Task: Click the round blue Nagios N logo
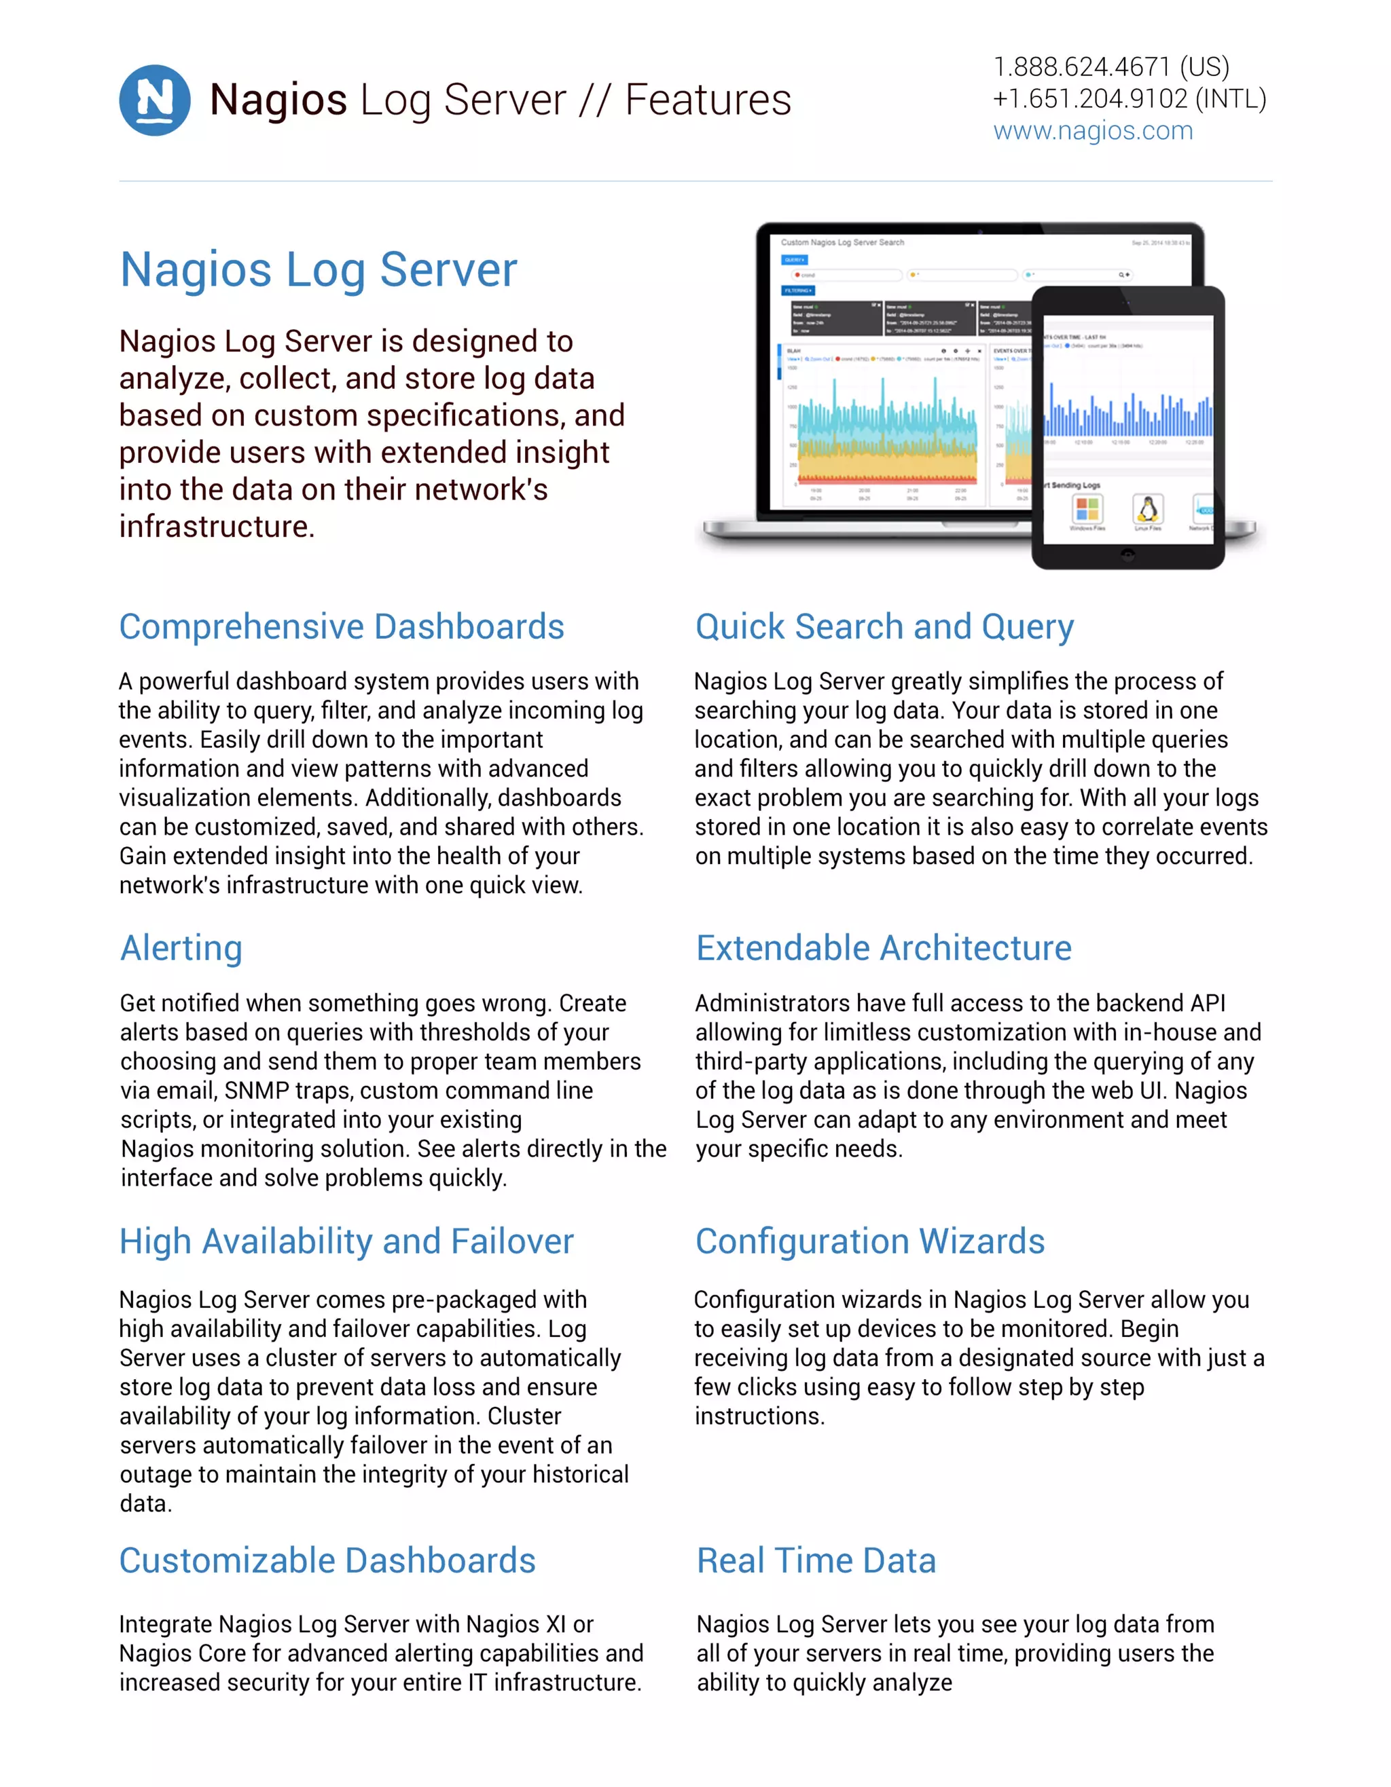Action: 155,100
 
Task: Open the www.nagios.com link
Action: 1092,131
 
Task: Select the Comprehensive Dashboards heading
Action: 342,626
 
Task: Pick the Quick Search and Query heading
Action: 884,626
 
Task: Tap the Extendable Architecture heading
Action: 884,948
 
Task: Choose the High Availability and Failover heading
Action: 346,1241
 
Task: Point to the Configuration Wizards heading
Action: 869,1241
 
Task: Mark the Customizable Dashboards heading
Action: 327,1560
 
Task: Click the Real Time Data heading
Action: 816,1560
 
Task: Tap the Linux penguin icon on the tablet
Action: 1148,509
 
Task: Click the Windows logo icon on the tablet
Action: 1087,509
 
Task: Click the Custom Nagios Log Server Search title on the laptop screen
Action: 842,242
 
